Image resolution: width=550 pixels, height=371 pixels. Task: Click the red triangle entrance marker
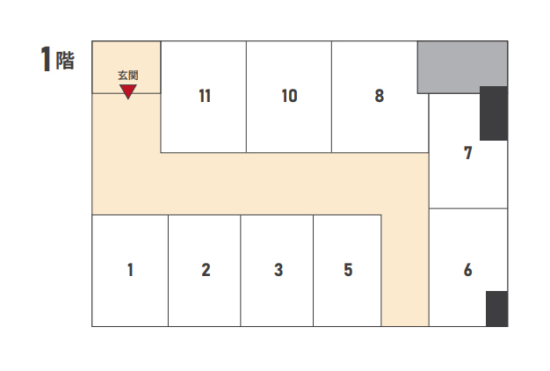click(x=128, y=91)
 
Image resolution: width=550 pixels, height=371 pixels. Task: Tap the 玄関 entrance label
click(x=128, y=75)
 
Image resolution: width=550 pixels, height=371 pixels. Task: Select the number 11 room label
click(x=205, y=96)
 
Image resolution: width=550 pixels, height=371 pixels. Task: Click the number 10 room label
click(x=289, y=96)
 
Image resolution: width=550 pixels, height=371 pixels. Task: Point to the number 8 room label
click(x=380, y=96)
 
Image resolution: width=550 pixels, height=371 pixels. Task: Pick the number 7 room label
click(x=468, y=153)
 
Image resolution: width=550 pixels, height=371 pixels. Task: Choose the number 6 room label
click(x=468, y=270)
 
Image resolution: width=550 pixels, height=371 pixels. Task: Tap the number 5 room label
click(x=348, y=270)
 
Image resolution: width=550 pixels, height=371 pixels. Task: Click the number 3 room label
click(x=279, y=270)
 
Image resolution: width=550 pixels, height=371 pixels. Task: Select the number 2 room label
click(x=206, y=270)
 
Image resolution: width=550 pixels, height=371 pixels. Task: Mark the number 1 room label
click(x=131, y=270)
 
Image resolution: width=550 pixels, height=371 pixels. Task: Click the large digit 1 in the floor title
click(x=46, y=59)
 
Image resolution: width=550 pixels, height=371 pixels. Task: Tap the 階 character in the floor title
click(x=65, y=61)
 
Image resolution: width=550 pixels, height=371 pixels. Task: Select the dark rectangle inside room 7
click(x=494, y=113)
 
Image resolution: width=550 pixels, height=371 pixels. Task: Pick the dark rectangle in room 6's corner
click(x=496, y=309)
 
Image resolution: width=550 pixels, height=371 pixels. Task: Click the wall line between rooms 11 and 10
click(x=246, y=97)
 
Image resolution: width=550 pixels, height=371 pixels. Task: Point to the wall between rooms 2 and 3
click(x=241, y=271)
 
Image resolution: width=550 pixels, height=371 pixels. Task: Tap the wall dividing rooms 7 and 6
click(x=468, y=208)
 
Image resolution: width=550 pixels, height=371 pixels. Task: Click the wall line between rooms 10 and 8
click(x=331, y=97)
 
